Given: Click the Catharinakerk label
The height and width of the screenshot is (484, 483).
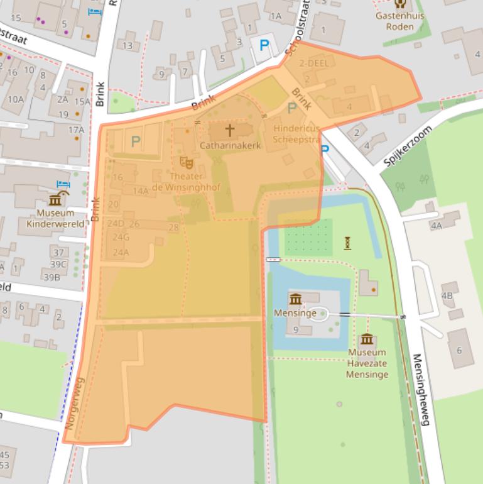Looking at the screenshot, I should pos(230,145).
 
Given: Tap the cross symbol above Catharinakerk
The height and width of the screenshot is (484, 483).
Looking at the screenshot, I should pos(230,130).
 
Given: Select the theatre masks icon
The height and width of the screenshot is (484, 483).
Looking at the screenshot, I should pos(185,163).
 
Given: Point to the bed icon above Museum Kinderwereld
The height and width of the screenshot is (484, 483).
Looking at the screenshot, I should pos(63,185).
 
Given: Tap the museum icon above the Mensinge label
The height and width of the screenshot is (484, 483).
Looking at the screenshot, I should pos(295,299).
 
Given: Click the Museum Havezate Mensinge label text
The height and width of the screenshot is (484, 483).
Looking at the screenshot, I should pos(367,363).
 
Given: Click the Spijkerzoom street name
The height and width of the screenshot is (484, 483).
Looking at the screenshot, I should pos(408,146).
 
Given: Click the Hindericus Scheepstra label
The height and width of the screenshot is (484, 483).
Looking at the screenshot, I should pos(296,134).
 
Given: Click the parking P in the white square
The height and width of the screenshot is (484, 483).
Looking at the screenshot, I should pos(264,46).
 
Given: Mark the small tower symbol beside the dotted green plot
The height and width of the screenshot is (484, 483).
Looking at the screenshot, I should pos(347,243).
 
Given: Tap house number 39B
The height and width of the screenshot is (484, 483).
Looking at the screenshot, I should pos(52,277).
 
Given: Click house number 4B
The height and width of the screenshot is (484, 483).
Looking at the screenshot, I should pos(447,295).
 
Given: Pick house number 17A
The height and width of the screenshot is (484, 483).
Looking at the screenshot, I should pos(76,130).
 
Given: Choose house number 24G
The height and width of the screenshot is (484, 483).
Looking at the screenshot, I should pos(121,237).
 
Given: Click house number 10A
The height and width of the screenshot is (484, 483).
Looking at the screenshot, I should pos(16,99).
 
